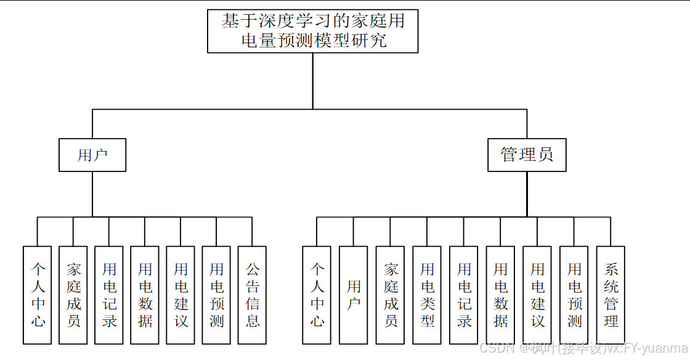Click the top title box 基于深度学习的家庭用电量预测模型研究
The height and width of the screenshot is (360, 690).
[313, 31]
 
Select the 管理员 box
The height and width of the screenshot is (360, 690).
[527, 155]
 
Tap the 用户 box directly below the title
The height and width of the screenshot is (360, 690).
[92, 155]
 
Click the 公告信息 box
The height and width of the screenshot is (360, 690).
[252, 295]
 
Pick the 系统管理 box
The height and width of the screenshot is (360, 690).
[611, 295]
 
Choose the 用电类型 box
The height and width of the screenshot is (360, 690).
[427, 295]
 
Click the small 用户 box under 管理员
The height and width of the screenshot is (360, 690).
[354, 295]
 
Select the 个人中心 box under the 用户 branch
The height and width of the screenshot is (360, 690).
[38, 295]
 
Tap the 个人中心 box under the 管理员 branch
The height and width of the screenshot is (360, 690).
[317, 295]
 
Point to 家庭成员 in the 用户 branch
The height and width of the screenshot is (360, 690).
[73, 295]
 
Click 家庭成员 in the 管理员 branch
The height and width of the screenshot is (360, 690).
[391, 295]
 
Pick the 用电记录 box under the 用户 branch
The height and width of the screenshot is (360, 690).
[109, 295]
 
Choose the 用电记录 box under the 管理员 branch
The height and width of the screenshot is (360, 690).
[464, 295]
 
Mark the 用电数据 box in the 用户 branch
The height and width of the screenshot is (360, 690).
[145, 295]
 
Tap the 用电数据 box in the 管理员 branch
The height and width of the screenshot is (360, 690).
[500, 295]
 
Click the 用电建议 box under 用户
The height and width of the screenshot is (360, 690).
[181, 295]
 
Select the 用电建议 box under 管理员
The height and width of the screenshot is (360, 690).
[537, 295]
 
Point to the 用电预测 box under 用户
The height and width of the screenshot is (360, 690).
[216, 295]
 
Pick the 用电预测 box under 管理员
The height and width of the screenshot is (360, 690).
[574, 295]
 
